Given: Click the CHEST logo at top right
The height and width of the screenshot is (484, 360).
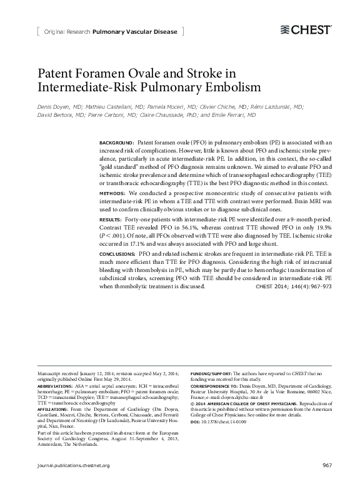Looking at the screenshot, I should pos(305,29).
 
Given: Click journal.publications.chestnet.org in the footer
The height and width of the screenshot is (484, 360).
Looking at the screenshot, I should pos(74,465).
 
